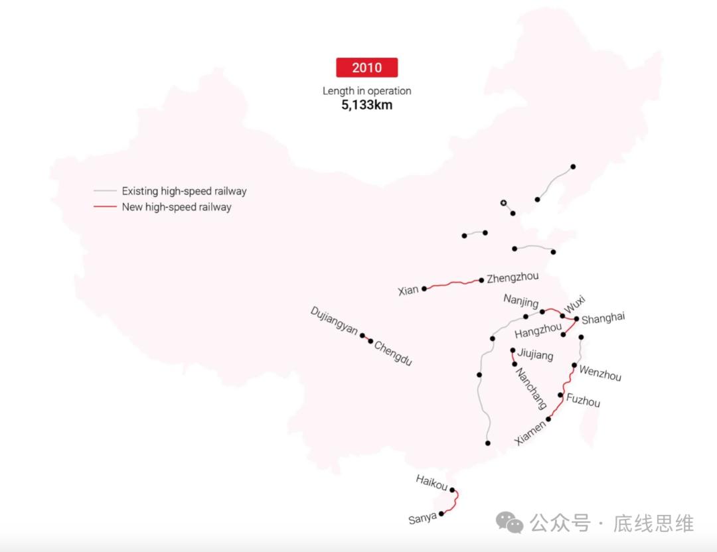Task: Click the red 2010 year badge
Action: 366,68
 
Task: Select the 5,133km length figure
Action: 366,105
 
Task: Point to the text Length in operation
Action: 366,91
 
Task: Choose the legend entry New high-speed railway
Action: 177,207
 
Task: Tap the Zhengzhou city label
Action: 513,277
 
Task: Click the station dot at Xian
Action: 424,289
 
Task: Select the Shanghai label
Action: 603,318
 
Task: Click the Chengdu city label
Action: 394,353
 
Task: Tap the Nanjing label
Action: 521,301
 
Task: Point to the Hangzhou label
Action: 538,330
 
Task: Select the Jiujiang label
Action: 535,356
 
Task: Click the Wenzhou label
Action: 600,373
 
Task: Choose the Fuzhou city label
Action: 583,401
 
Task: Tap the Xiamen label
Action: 532,431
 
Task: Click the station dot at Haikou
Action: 452,490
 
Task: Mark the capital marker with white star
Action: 503,202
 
